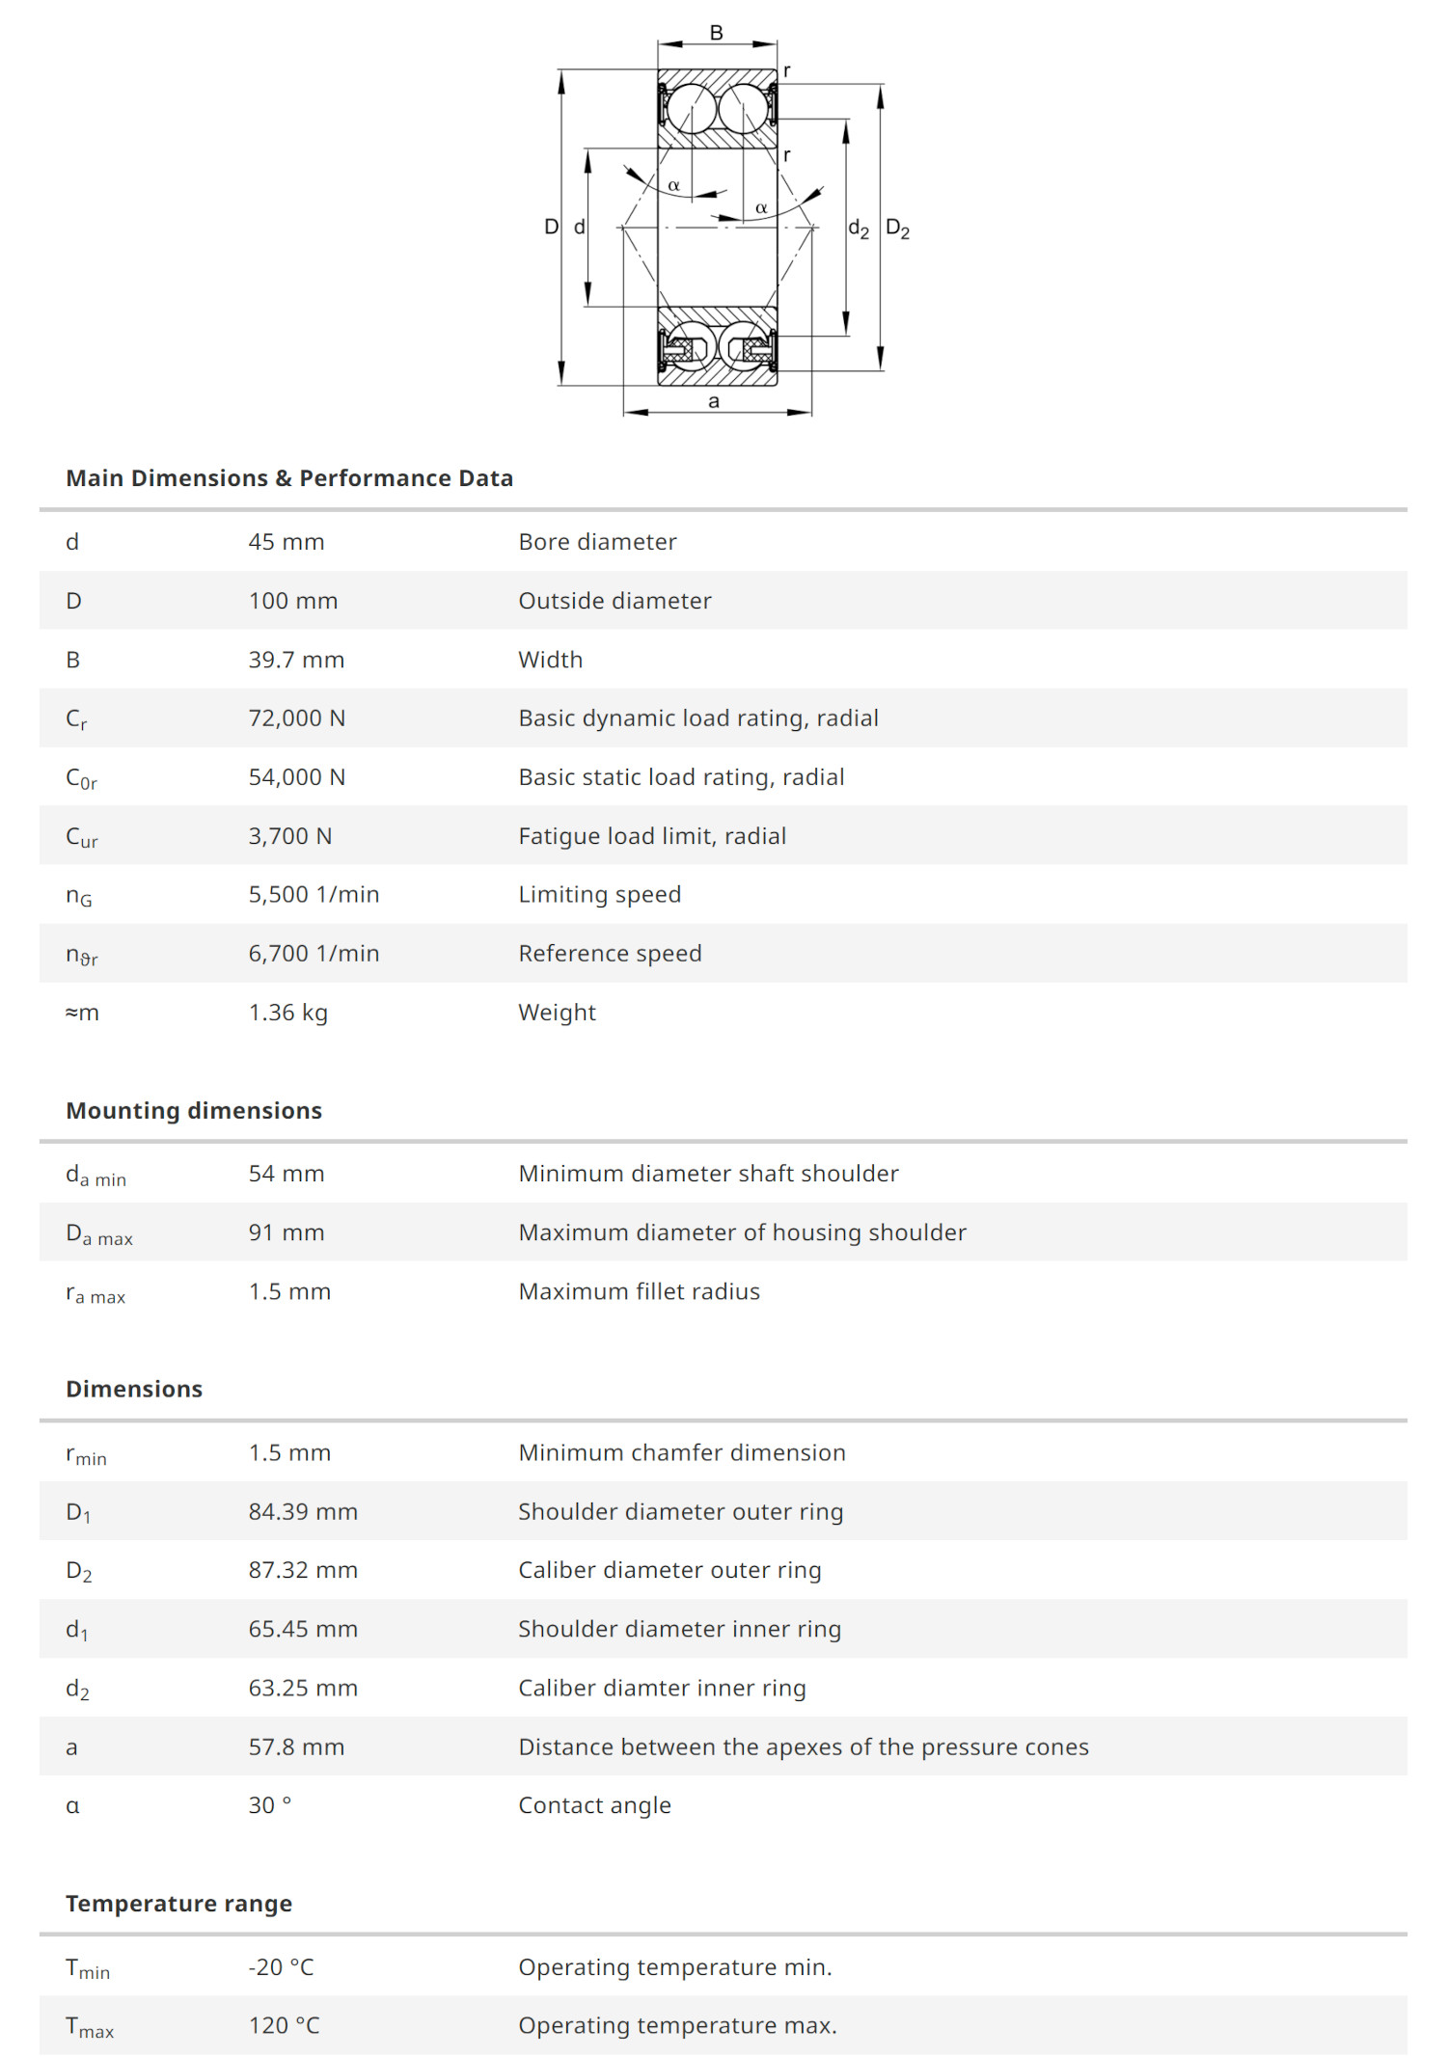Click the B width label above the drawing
click(716, 33)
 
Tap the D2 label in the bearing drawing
click(897, 229)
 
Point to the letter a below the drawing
click(714, 401)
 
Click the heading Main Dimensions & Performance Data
click(289, 478)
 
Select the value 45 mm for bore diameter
click(287, 542)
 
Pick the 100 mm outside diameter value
click(293, 601)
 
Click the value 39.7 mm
click(296, 660)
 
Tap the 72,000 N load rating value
click(297, 718)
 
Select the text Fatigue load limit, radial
click(652, 836)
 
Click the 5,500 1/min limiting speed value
click(314, 895)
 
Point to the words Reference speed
click(610, 954)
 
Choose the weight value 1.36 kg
click(288, 1013)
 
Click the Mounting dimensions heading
click(194, 1111)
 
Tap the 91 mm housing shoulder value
click(287, 1232)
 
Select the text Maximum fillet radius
click(639, 1291)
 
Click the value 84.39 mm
click(303, 1511)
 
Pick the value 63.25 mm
click(303, 1688)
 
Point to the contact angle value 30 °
click(270, 1805)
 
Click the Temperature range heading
click(178, 1904)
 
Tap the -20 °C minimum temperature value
click(282, 1967)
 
